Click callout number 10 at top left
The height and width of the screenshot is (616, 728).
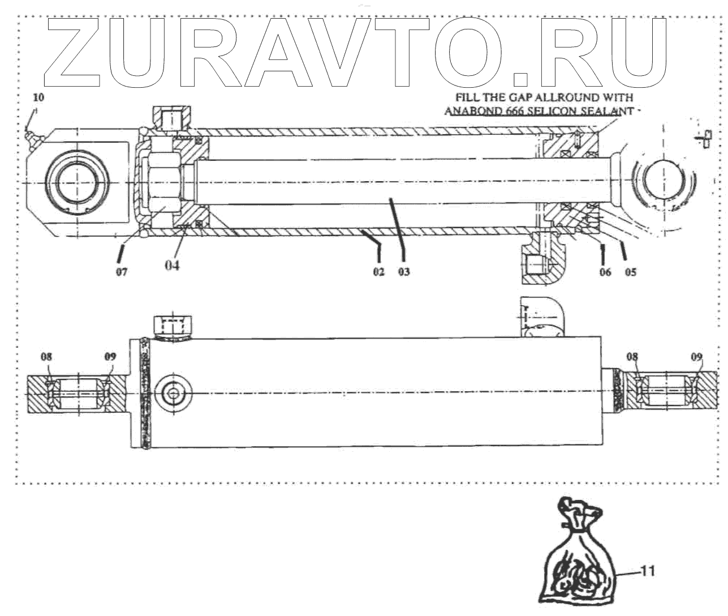click(x=38, y=97)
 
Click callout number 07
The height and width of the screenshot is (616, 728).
click(x=122, y=272)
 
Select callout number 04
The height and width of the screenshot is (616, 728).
click(x=172, y=265)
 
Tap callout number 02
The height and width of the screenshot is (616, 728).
click(x=378, y=272)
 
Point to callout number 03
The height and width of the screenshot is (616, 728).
click(x=403, y=272)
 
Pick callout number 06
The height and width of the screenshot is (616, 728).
click(x=605, y=272)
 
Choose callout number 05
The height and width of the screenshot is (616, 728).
click(x=630, y=272)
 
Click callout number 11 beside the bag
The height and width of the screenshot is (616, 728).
click(x=647, y=571)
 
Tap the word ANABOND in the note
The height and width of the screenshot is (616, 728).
click(x=470, y=111)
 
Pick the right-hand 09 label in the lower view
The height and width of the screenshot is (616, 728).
click(x=697, y=357)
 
